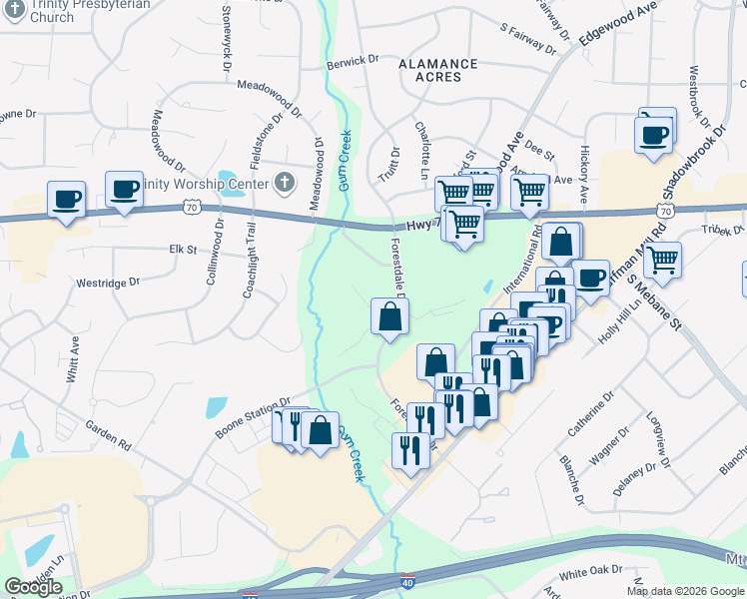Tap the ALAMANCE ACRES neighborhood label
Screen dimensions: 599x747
(430, 70)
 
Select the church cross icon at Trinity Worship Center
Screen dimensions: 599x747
(285, 183)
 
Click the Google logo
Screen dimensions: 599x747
(34, 587)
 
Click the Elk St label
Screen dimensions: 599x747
(183, 249)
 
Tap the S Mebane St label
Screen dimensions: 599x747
(639, 284)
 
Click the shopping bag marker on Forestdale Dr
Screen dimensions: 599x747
(389, 317)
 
